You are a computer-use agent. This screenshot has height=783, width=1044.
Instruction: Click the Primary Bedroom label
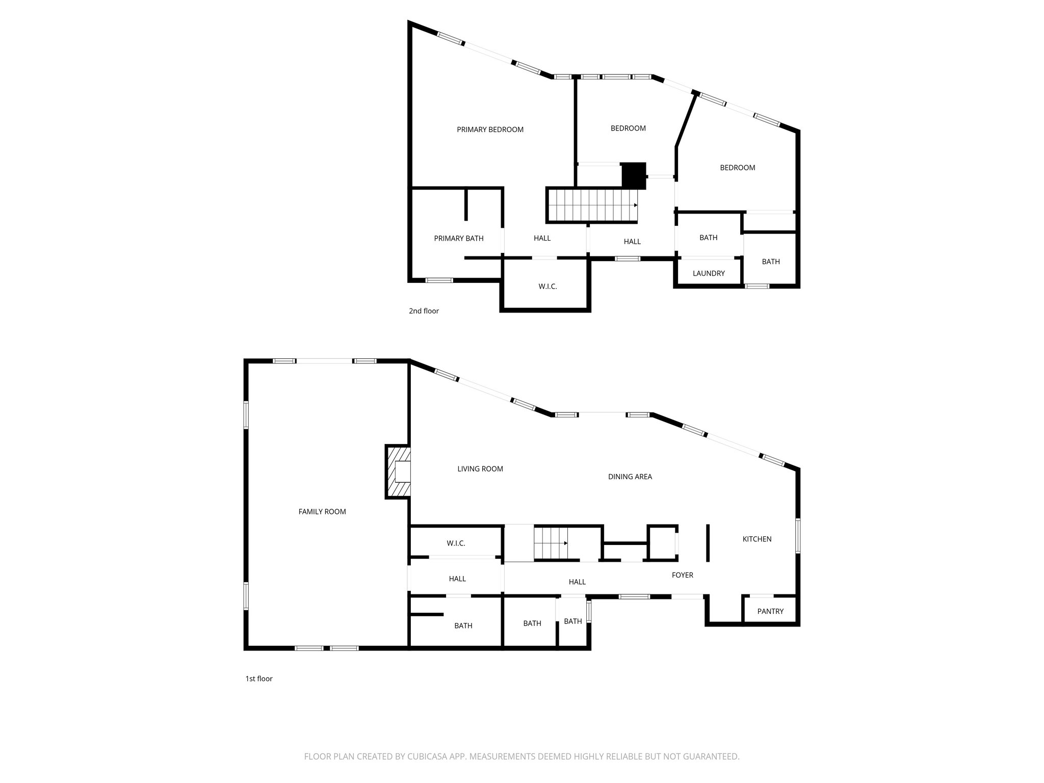point(490,129)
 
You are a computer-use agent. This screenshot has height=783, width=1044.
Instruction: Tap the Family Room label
point(322,512)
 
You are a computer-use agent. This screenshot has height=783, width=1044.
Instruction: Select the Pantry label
point(770,611)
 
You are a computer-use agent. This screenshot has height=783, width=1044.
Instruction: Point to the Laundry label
point(709,273)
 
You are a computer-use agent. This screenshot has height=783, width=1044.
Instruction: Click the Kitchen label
point(757,539)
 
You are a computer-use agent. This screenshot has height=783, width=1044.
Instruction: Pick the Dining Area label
point(630,477)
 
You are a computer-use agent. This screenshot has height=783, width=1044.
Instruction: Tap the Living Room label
point(480,469)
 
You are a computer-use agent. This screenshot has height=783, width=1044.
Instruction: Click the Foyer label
point(683,575)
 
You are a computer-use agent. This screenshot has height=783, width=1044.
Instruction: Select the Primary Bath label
point(459,238)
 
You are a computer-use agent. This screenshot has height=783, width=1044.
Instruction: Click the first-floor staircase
point(551,543)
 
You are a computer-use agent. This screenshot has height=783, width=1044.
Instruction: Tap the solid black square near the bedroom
point(634,175)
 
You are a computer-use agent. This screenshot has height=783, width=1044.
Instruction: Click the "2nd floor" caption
point(424,311)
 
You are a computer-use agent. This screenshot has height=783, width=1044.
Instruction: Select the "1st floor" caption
point(259,678)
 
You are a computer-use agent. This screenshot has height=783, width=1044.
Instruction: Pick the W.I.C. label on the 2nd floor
point(547,286)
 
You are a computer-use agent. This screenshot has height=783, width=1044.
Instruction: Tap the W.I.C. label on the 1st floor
point(456,543)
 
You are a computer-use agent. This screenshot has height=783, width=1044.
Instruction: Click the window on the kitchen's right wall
point(798,535)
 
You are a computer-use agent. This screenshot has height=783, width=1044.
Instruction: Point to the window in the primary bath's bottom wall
point(439,280)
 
